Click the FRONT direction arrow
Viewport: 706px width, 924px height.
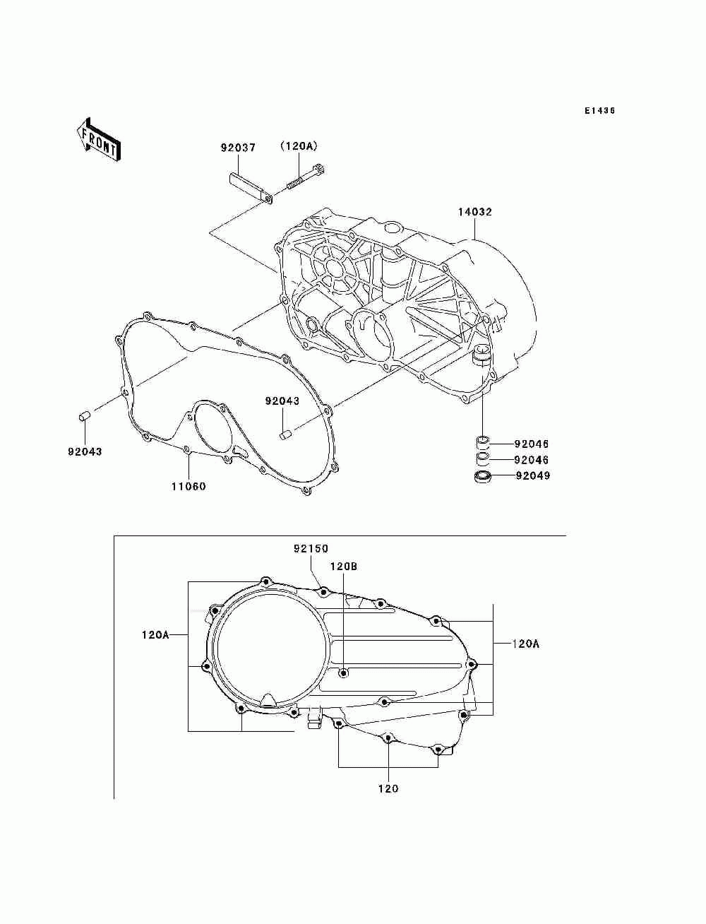click(x=98, y=138)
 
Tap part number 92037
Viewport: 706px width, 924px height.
click(x=237, y=148)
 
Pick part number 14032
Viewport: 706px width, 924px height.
click(x=474, y=212)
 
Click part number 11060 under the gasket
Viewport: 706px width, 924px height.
click(x=189, y=486)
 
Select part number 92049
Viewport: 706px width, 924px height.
click(x=532, y=476)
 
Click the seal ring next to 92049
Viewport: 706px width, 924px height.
click(x=484, y=478)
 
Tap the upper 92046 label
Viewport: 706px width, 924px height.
click(x=531, y=444)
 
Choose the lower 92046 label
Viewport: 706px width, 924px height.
click(x=531, y=460)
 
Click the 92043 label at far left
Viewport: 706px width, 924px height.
click(x=85, y=452)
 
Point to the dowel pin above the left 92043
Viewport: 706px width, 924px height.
click(x=83, y=417)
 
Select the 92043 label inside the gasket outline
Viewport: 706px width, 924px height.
click(x=282, y=401)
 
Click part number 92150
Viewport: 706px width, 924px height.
click(x=311, y=549)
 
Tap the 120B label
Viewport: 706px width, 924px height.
click(x=344, y=567)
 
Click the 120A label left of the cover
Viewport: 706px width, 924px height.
click(x=155, y=635)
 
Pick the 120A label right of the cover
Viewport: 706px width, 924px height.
click(x=525, y=644)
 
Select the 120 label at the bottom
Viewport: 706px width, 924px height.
click(x=388, y=788)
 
